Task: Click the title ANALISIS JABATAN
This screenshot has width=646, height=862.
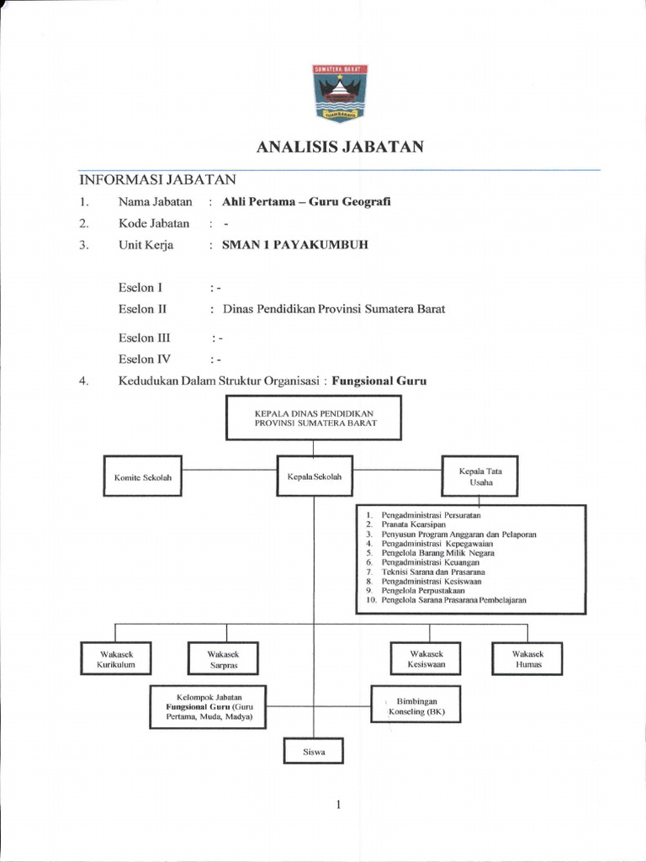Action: [x=339, y=148]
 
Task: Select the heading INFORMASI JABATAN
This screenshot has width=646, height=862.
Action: [x=158, y=179]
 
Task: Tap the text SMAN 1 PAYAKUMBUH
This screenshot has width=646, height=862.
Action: [x=294, y=245]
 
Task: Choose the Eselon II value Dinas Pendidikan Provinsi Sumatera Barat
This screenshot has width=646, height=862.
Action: [x=333, y=309]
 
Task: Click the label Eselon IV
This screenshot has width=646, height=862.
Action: [x=146, y=359]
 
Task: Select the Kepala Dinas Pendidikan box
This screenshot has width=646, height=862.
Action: [x=314, y=418]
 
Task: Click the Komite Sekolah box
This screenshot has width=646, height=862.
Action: [x=142, y=477]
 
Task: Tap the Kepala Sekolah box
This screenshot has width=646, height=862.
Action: [x=315, y=477]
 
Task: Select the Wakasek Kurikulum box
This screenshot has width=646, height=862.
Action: [x=115, y=659]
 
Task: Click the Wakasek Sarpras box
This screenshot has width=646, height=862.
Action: [x=223, y=659]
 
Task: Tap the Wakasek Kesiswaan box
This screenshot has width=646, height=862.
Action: [x=426, y=659]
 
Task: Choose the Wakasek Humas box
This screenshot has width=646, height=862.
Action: [x=527, y=659]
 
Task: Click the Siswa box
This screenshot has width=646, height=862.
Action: [x=314, y=751]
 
